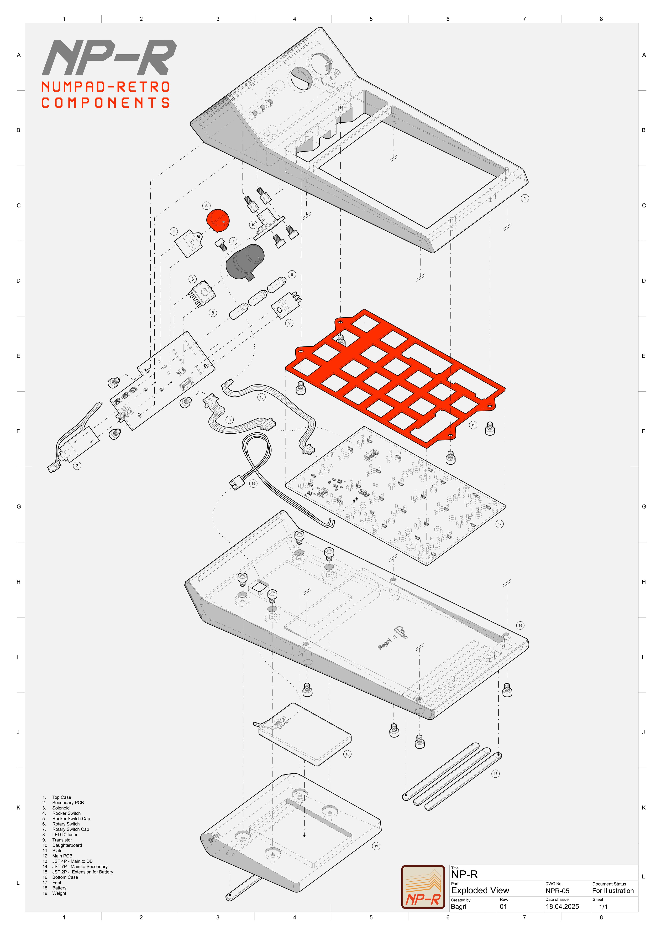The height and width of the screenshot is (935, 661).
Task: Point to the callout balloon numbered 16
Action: click(520, 626)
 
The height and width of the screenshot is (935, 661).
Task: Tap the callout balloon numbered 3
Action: click(77, 466)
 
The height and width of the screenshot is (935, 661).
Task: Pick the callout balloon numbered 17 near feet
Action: click(495, 774)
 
